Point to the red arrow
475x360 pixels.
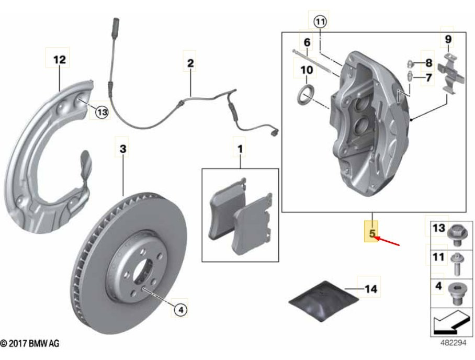(x=390, y=241)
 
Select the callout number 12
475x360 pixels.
(x=60, y=60)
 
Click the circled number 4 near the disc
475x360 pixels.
(x=180, y=310)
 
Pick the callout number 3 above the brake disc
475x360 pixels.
(x=123, y=149)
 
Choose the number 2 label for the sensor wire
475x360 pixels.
(x=190, y=64)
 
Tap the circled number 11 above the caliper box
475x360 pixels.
(x=319, y=21)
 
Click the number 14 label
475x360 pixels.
(x=371, y=288)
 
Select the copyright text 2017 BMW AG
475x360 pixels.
(x=30, y=344)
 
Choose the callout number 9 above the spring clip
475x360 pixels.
(x=448, y=39)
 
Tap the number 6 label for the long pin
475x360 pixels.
(x=307, y=42)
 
